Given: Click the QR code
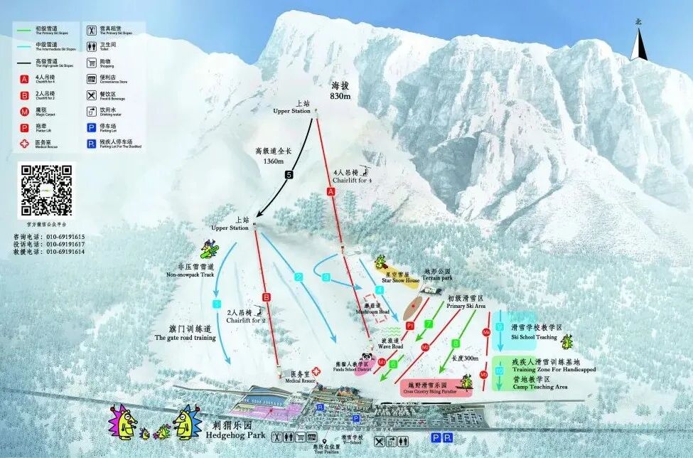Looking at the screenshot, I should (45, 190).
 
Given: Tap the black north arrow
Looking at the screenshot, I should (638, 44).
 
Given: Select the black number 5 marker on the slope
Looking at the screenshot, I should (289, 175).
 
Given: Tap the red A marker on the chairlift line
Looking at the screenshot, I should (330, 191).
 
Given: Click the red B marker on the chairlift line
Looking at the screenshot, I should (267, 297).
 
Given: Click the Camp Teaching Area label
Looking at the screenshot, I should (541, 386).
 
